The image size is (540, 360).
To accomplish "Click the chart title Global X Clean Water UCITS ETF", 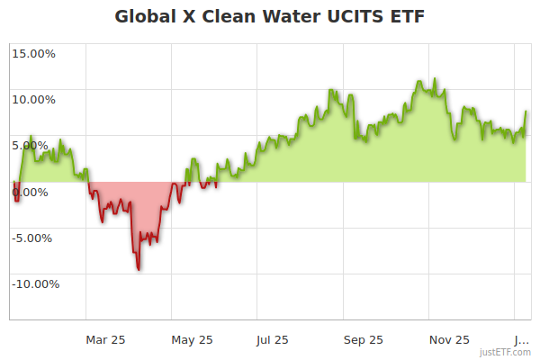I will [x=269, y=17].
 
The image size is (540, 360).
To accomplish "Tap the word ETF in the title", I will [x=403, y=17].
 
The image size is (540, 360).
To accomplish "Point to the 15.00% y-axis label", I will [x=32, y=53].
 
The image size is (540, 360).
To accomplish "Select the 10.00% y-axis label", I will [x=32, y=99].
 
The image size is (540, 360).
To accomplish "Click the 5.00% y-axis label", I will [x=35, y=145].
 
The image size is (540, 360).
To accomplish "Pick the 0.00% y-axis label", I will [x=35, y=192].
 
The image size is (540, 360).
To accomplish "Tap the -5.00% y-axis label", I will [x=33, y=238].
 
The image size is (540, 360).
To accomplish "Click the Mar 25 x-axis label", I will [x=105, y=339].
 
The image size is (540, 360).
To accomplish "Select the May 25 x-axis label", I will [x=193, y=339].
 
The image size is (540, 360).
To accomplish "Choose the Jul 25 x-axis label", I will [x=272, y=339].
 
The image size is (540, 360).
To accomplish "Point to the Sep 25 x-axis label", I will [x=364, y=339].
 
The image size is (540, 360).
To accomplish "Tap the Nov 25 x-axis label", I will [x=450, y=339].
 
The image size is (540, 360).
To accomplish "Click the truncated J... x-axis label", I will [x=521, y=339].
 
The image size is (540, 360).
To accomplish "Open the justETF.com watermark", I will [x=505, y=352].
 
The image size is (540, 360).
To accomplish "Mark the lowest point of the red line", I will [x=139, y=268].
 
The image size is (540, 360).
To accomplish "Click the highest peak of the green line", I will [x=419, y=80].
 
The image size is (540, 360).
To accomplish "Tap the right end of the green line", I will [x=526, y=112].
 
